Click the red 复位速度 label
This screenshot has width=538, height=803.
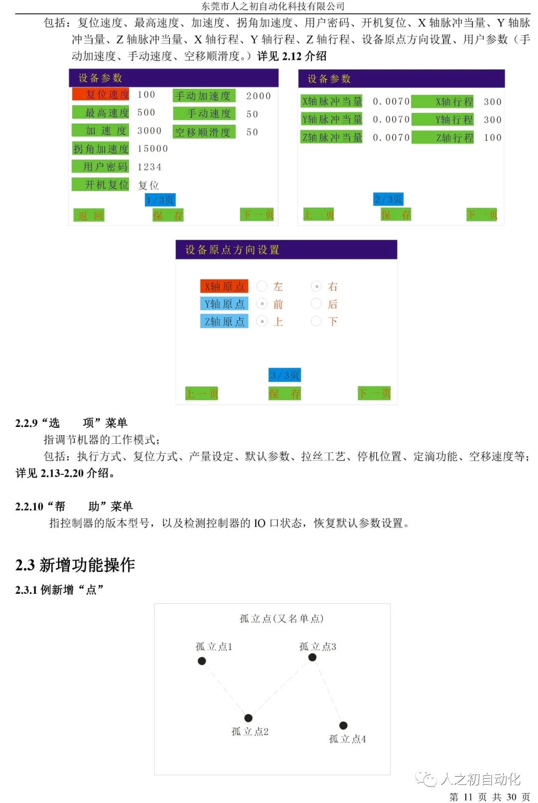pos(101,94)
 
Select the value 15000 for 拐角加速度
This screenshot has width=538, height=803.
pos(152,148)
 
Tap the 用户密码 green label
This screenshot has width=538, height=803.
pos(101,166)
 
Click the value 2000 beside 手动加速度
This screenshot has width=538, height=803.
pos(259,96)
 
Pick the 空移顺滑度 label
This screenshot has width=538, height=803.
pos(204,132)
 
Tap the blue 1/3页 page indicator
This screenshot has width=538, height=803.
pos(160,200)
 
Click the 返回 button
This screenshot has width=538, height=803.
pos(90,215)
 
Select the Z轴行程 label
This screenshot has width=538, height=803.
pos(443,137)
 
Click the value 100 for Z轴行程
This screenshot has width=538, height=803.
pos(492,137)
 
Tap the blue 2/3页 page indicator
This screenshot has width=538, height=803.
pos(389,199)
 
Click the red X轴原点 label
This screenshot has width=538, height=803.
pos(224,286)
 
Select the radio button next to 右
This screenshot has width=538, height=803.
pos(316,286)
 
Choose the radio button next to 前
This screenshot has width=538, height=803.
pos(262,304)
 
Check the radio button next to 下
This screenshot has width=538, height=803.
pos(316,321)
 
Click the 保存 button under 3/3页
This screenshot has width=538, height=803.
pos(284,394)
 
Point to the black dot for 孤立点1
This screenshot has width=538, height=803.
pos(202,661)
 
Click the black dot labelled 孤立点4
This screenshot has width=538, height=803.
pos(343,725)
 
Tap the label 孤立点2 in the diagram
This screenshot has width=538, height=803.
pos(250,731)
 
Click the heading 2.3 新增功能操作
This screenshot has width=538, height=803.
pos(75,565)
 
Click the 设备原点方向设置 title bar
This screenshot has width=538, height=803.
pos(286,250)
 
